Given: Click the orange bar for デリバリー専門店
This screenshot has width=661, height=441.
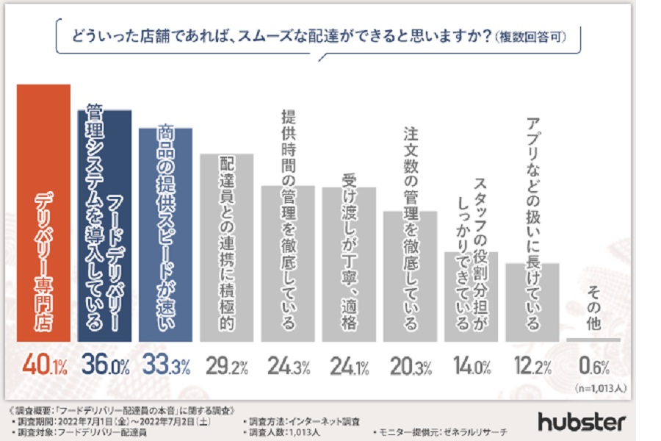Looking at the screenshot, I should tap(44, 213).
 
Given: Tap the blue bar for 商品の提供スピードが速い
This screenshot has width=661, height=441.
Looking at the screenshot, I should tap(165, 235).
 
